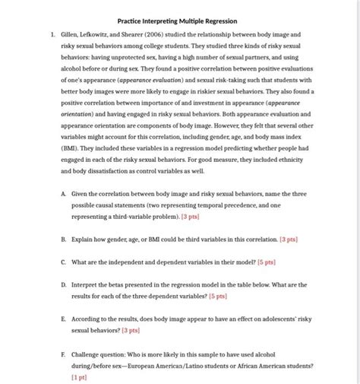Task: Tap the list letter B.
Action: coord(64,239)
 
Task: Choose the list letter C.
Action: coord(64,262)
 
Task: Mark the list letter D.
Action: coord(64,284)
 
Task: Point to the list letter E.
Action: coord(64,320)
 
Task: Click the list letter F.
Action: coord(64,354)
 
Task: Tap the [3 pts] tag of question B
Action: coord(288,239)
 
